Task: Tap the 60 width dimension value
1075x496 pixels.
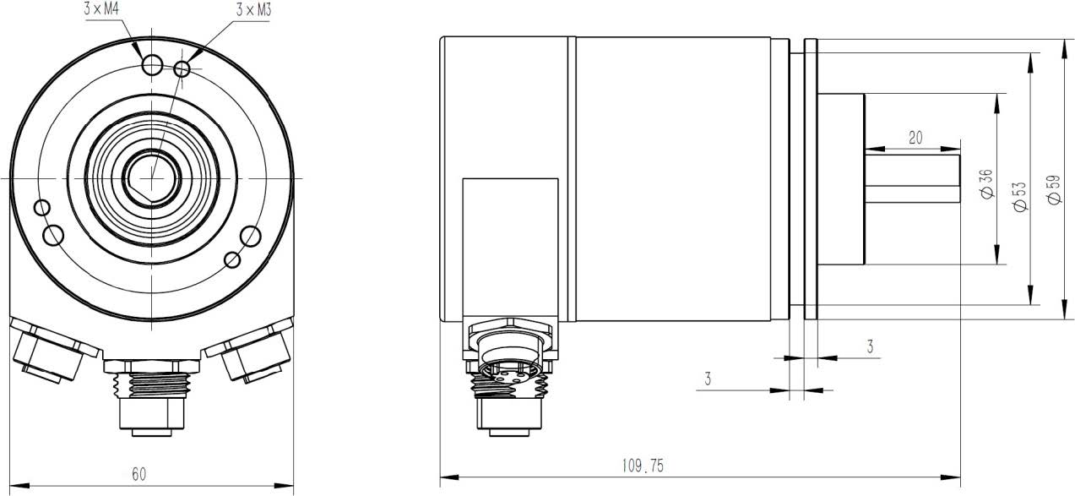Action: pyautogui.click(x=138, y=474)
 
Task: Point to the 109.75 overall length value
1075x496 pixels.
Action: pyautogui.click(x=643, y=466)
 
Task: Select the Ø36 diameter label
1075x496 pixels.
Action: pyautogui.click(x=986, y=183)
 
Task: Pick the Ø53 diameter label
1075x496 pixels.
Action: pyautogui.click(x=1019, y=196)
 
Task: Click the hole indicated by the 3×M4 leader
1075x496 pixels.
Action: pyautogui.click(x=153, y=64)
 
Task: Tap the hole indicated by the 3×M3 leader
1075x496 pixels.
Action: pyautogui.click(x=182, y=68)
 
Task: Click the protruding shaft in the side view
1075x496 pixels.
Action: pyautogui.click(x=913, y=179)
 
